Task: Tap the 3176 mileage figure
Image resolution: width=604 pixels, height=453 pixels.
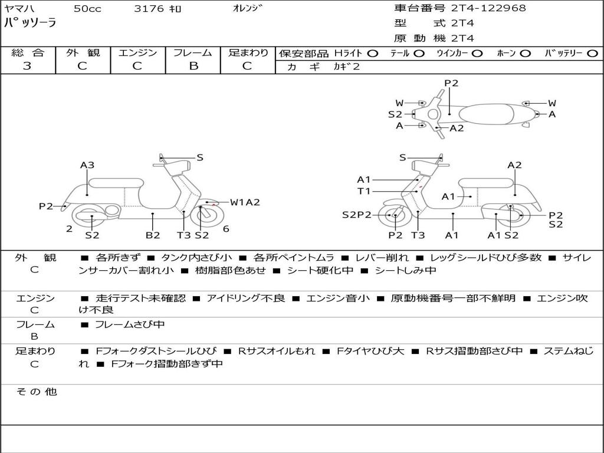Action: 150,9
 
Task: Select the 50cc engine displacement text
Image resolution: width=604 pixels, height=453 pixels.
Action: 87,9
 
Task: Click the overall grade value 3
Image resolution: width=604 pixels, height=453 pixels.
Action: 27,66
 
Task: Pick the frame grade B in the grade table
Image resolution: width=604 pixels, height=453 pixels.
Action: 193,66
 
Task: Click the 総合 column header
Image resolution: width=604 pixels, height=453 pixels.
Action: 27,53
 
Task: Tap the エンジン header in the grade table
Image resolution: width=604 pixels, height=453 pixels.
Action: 137,53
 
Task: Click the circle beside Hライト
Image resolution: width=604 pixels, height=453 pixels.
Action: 372,54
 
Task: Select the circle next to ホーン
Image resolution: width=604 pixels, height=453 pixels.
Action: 525,54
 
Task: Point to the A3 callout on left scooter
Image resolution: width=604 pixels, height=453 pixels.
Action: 87,165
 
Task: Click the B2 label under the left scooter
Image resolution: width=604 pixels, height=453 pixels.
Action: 153,235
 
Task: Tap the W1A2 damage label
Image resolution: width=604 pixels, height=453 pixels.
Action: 245,202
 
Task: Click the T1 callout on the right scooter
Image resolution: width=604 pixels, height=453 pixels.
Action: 363,191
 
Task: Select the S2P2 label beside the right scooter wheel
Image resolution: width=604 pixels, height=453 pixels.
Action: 357,215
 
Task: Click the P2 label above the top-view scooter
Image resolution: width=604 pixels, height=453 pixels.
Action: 451,83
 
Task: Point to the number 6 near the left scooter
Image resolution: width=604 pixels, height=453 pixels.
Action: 226,229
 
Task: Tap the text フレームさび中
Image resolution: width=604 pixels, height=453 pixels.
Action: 130,324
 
